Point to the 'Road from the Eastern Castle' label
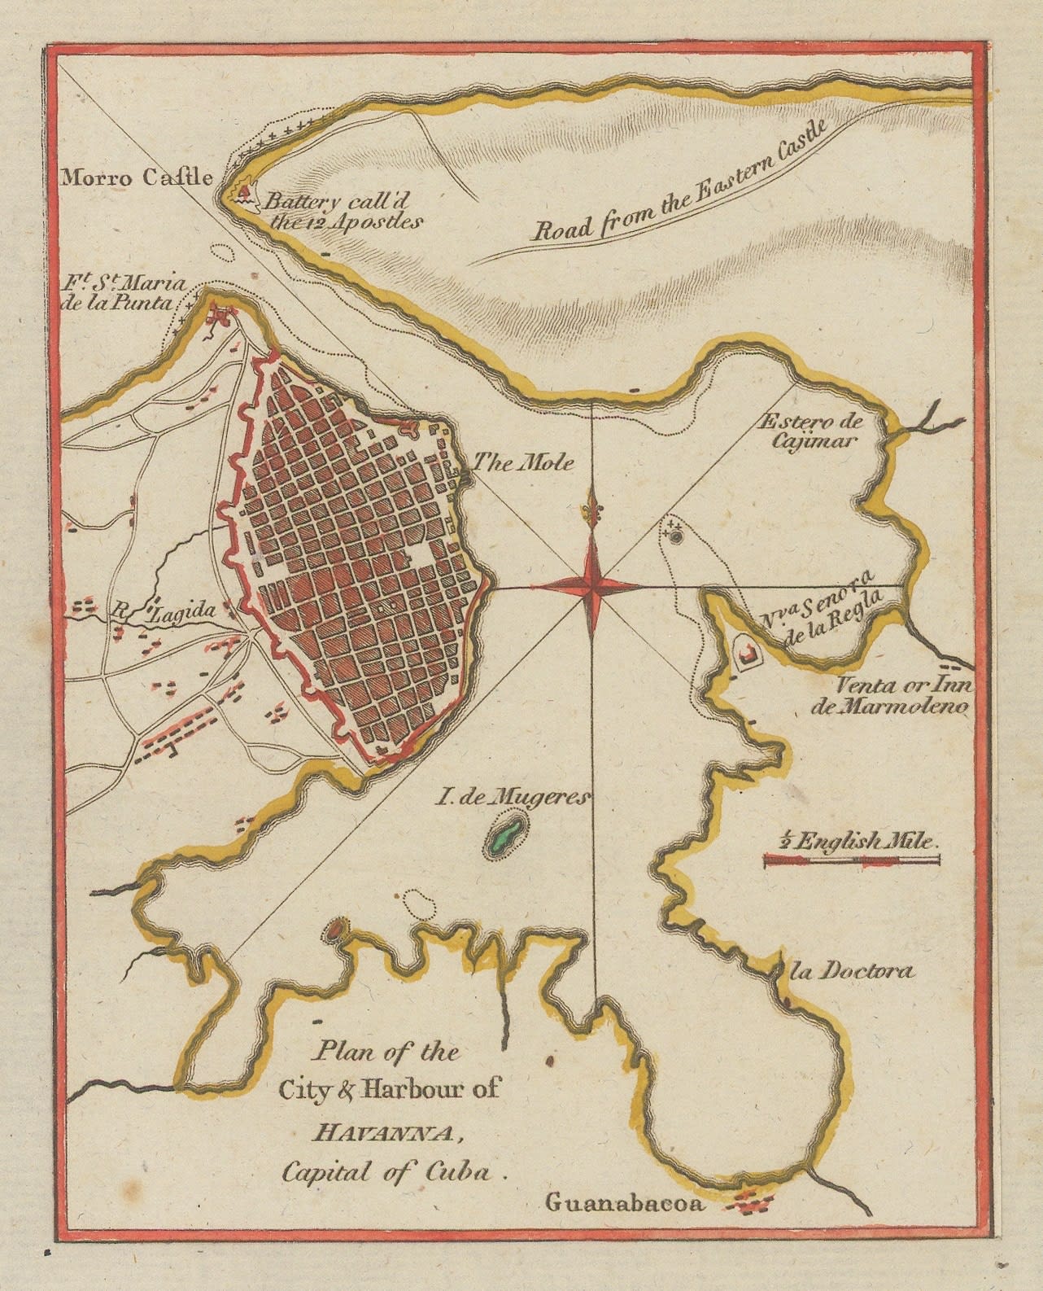click(679, 182)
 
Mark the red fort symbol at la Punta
click(218, 315)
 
